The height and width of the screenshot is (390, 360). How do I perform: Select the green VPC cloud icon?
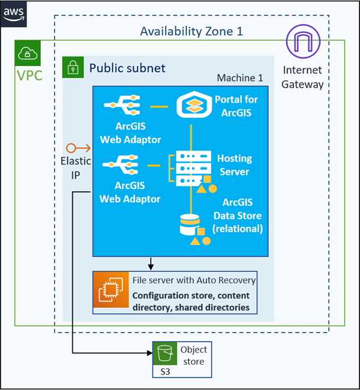coord(28,54)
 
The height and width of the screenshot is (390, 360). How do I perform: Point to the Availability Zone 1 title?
coord(191,31)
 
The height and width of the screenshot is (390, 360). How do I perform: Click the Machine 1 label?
coord(240,79)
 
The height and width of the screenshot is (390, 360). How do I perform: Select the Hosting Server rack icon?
coord(191,167)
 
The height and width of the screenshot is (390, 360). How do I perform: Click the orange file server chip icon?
coord(111,292)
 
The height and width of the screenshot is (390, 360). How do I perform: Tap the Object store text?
coord(193,355)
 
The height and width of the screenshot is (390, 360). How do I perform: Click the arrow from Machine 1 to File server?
coord(151,263)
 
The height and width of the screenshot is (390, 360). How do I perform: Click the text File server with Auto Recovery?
coord(194,280)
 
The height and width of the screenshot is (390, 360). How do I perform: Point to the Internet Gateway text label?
coord(302,77)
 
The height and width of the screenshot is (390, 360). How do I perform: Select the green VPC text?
coord(29,76)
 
